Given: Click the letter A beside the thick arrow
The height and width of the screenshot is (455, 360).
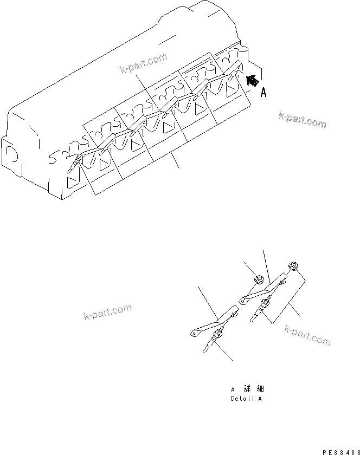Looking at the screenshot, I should [x=263, y=93].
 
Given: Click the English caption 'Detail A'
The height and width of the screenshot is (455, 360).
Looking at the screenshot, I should [x=246, y=399].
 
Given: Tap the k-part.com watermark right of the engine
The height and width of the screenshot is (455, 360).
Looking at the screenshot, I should [x=303, y=120].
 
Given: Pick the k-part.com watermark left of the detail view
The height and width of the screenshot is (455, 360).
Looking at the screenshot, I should [x=108, y=313].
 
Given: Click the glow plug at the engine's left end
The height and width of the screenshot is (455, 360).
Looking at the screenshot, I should [x=75, y=162].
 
